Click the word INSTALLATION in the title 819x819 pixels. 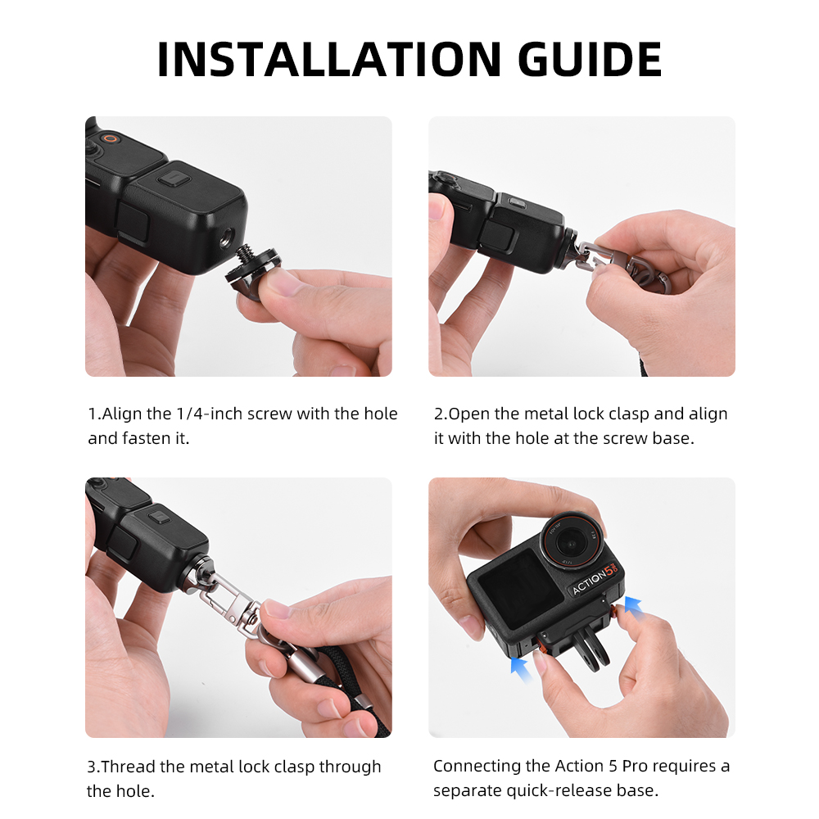coord(329,59)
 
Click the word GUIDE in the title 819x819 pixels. coord(590,59)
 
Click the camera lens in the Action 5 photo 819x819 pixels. coord(572,542)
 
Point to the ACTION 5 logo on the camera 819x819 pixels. coord(595,579)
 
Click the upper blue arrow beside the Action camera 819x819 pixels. coord(633,606)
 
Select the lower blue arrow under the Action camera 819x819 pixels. coord(520,669)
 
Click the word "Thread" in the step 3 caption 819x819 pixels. coord(128,767)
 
